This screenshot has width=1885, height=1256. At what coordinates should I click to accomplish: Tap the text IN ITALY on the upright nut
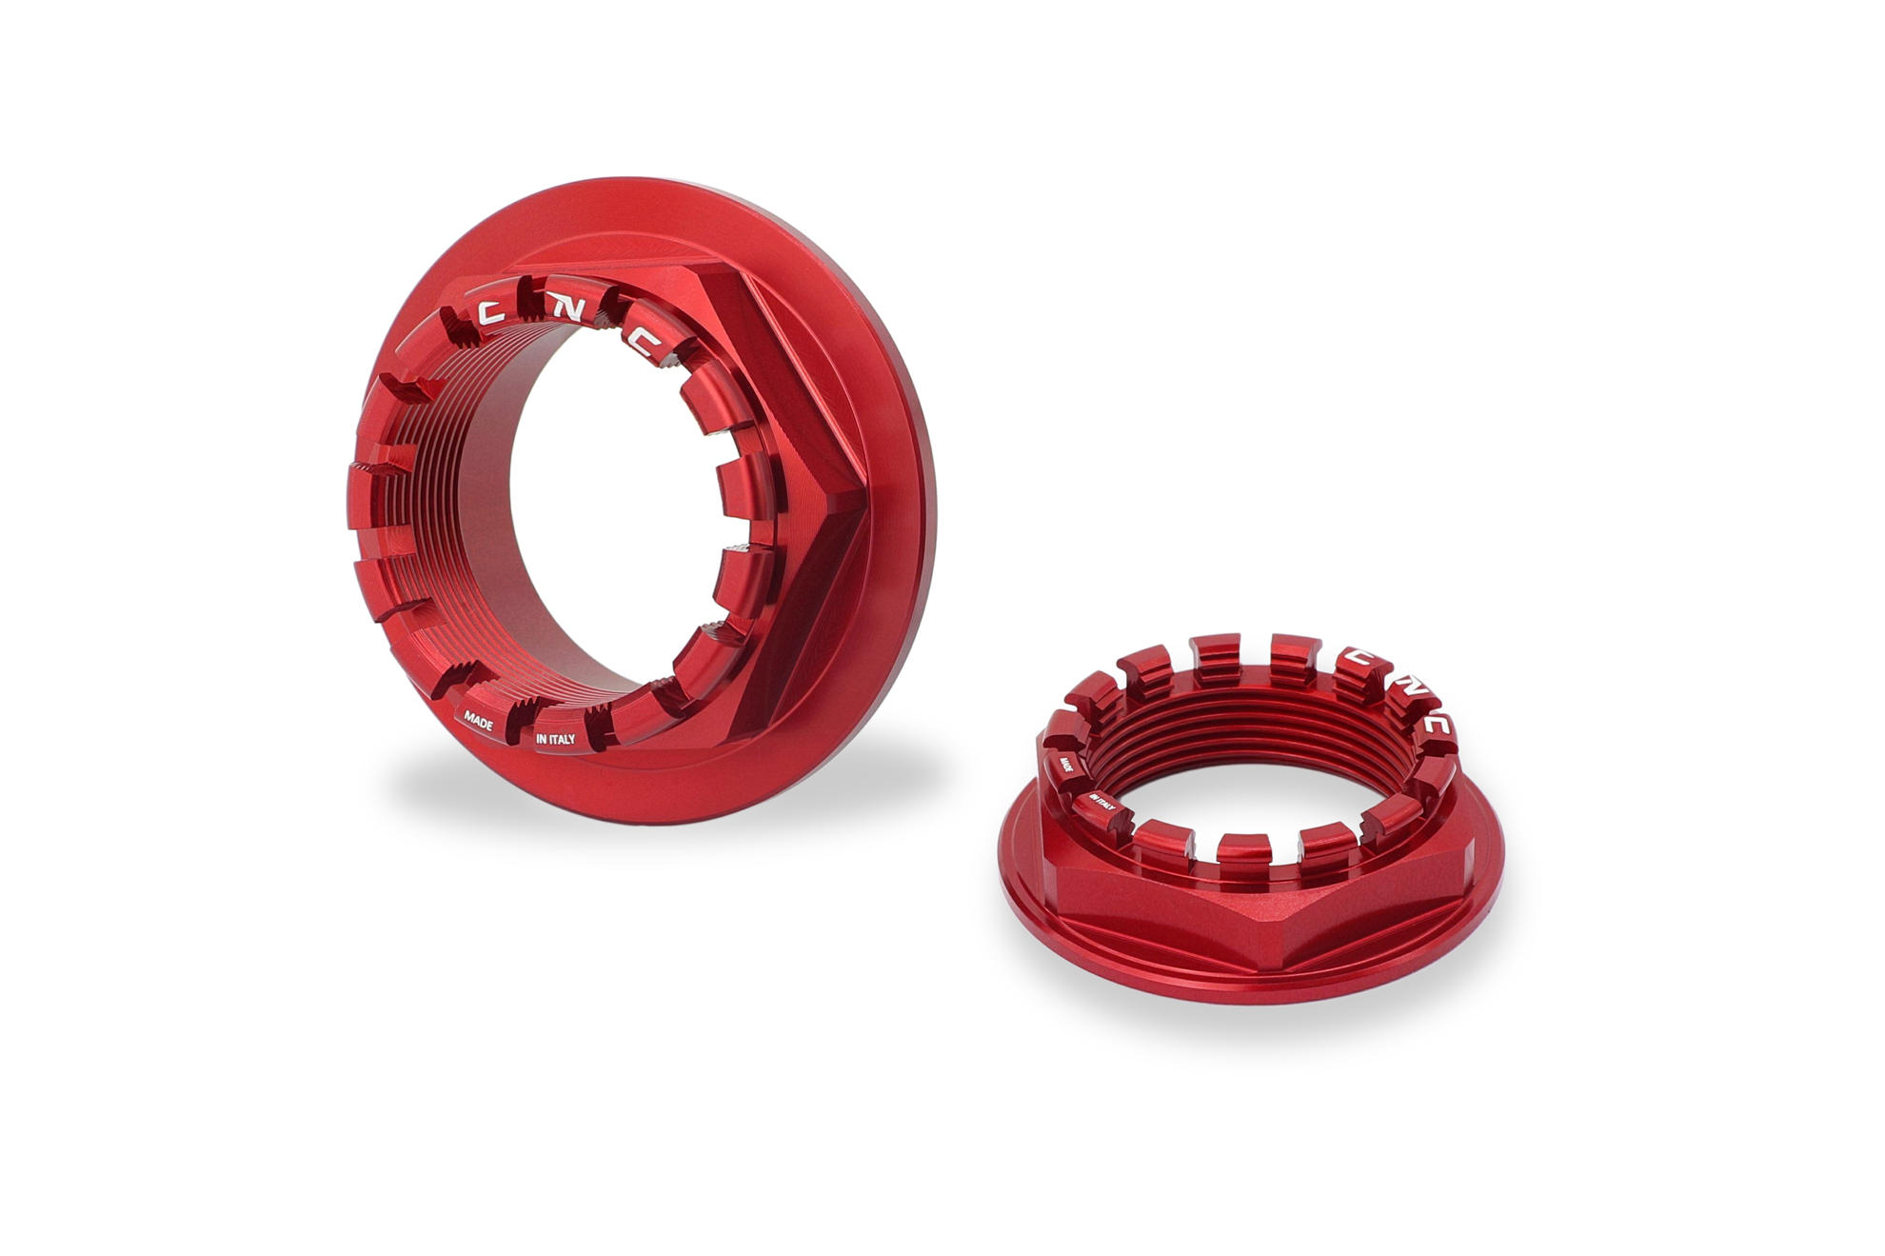[x=555, y=738]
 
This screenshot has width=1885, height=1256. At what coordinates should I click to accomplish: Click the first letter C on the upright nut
[x=491, y=311]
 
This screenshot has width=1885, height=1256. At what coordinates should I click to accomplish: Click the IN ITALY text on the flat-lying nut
[x=1102, y=802]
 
